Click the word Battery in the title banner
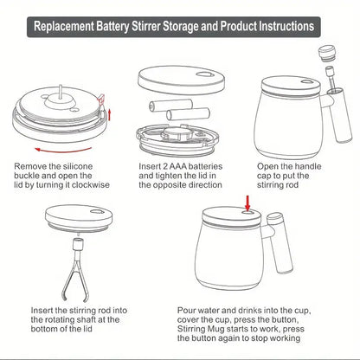pos(135,26)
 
